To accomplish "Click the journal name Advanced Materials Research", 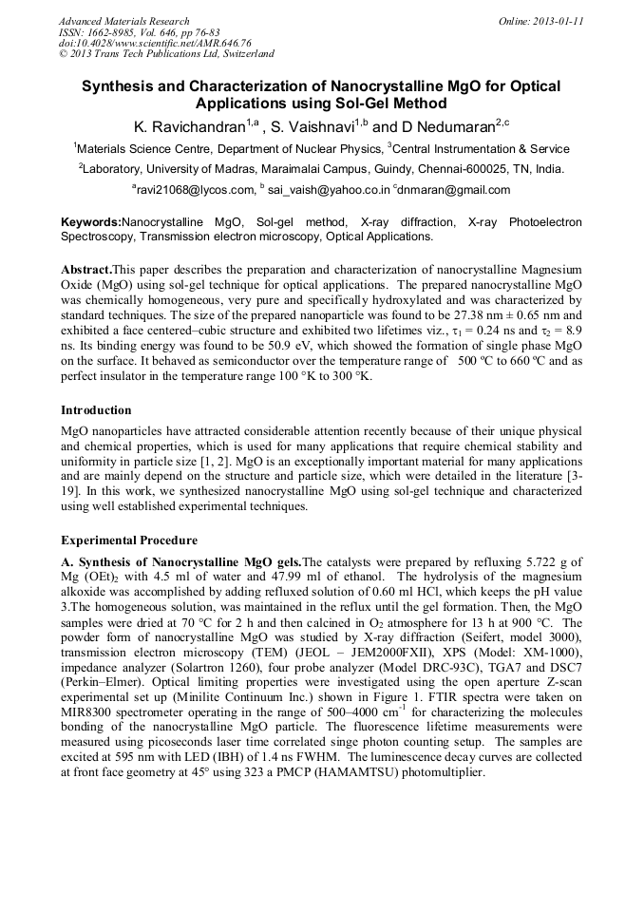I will click(x=123, y=21).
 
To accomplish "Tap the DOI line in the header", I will click(x=154, y=44).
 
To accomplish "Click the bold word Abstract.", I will click(x=86, y=270).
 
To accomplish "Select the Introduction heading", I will click(x=96, y=410).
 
